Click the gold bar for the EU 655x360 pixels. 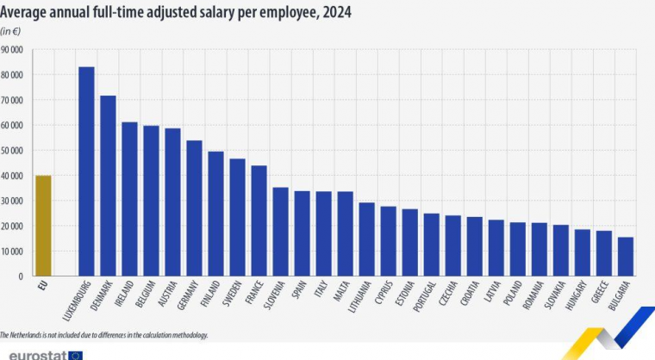43,226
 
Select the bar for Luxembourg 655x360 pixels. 86,171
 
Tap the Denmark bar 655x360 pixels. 108,185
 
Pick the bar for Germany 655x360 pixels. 194,208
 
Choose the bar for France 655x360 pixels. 259,220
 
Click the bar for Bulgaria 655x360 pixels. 626,257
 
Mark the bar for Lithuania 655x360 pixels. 366,239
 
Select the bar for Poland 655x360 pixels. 517,249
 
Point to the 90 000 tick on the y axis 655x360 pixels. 12,50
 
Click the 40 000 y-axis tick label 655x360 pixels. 12,176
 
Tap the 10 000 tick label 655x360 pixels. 12,251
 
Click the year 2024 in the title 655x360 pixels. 334,14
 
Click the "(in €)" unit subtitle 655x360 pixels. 10,31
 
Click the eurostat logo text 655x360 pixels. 32,354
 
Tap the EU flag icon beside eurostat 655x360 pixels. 76,354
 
